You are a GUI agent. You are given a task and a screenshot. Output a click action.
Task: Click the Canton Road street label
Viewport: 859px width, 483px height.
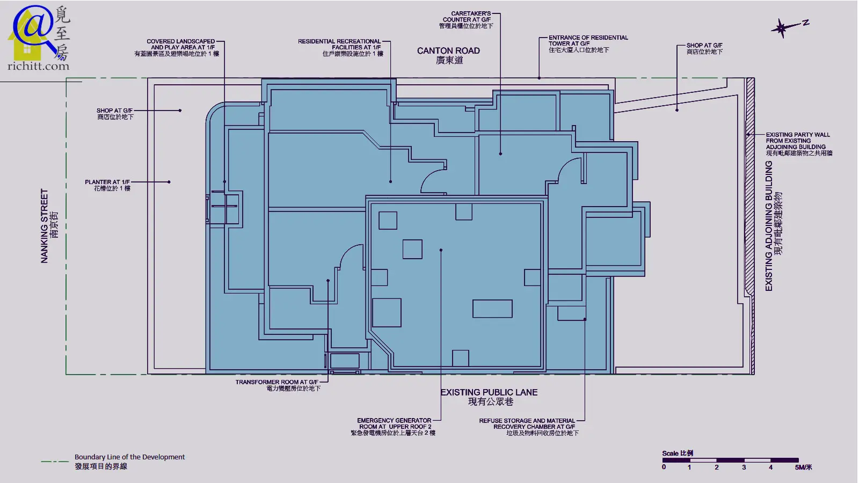pos(448,55)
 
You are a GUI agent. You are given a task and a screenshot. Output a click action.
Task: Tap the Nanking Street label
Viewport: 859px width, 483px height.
pos(49,226)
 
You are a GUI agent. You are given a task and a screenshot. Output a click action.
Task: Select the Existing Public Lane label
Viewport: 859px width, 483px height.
pos(489,397)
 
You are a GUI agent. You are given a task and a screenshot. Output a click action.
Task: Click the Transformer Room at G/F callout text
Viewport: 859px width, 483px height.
pos(278,385)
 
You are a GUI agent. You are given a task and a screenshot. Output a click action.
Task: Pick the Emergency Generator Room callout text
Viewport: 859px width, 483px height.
pos(394,427)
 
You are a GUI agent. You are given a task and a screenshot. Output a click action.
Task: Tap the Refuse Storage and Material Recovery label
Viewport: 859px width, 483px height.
pos(528,427)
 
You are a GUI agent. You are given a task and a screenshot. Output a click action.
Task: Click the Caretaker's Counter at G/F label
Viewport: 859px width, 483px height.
pos(467,19)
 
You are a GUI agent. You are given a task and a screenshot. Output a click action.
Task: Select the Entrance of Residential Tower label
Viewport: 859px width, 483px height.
pos(588,43)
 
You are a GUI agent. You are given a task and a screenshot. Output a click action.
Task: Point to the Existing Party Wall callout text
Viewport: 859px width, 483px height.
pos(799,144)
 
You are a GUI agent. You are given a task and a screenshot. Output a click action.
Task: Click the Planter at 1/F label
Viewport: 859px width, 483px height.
pos(108,185)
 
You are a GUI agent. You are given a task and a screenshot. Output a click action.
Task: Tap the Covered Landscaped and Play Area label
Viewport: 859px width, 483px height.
pos(177,47)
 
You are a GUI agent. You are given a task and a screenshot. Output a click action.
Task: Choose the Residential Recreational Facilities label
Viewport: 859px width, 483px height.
pos(340,47)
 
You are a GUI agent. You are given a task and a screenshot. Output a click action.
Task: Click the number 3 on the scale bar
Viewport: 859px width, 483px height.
pos(744,467)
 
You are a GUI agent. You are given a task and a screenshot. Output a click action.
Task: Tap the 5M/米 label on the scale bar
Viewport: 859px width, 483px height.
pos(803,467)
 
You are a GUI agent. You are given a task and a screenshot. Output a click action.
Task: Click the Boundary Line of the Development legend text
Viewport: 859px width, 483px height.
pos(129,462)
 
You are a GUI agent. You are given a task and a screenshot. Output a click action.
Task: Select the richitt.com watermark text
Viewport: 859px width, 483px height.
pos(38,66)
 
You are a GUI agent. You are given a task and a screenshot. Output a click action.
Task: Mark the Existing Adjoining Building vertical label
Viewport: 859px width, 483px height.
pos(774,226)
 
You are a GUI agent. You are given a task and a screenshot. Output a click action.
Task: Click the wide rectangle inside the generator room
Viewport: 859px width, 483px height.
pos(492,309)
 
